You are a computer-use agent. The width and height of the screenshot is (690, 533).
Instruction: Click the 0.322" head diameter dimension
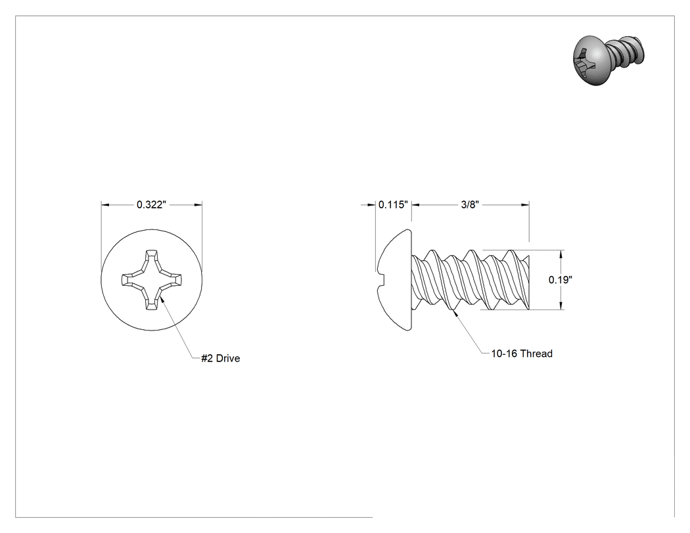click(151, 204)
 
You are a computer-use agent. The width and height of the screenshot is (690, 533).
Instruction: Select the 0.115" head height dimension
click(394, 204)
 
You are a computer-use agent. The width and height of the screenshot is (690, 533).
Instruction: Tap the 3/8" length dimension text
click(470, 204)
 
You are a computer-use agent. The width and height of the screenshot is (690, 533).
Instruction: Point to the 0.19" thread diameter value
click(560, 279)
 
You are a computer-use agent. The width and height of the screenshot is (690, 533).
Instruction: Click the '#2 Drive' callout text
click(220, 358)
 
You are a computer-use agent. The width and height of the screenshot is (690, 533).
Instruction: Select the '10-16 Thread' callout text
click(522, 354)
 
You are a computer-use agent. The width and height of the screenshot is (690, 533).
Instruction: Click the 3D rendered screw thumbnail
click(609, 60)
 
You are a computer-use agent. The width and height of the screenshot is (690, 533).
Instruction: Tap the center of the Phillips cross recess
click(151, 279)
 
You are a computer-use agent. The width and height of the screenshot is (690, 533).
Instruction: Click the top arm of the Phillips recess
click(151, 258)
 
